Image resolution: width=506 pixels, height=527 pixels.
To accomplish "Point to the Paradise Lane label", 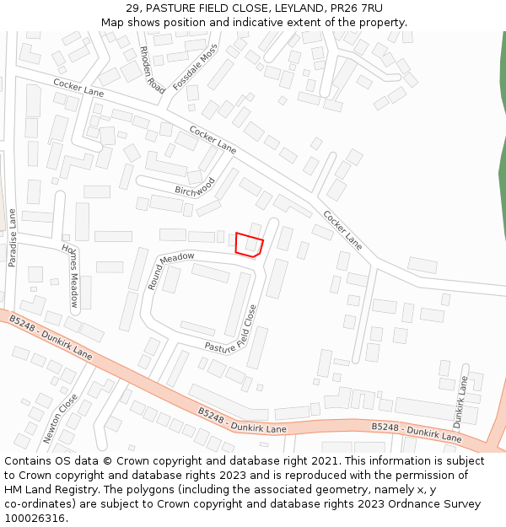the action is point(12,238).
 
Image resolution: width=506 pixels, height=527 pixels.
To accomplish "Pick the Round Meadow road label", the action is point(171,269).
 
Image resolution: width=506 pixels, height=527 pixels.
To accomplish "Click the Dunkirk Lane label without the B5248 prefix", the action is point(460,401).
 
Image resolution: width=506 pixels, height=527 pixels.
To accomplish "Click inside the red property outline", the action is point(249,244).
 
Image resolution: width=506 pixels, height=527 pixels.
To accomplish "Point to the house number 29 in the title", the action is point(132,8).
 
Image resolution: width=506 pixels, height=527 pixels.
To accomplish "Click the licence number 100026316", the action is point(35,519).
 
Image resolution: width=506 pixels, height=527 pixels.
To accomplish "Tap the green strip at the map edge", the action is point(502,169).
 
